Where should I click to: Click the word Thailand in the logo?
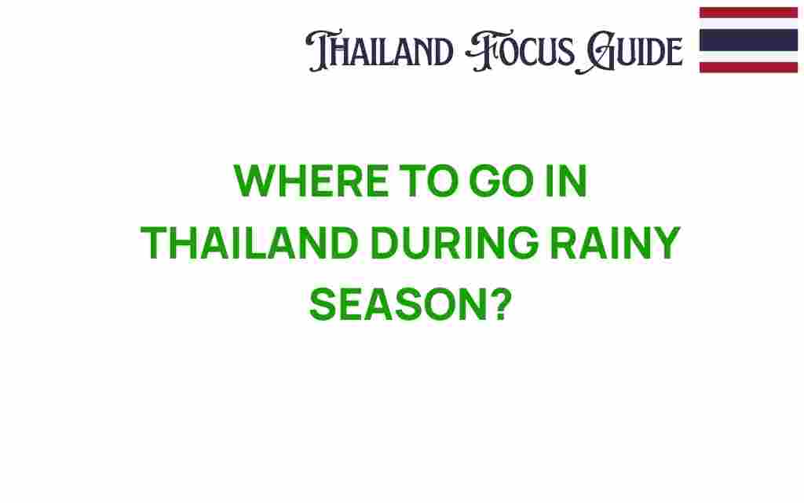[x=379, y=50]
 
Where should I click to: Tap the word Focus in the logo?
[x=520, y=51]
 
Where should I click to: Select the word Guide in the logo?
[x=629, y=51]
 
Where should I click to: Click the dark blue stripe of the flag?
[x=748, y=40]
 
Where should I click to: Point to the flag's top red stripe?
[x=748, y=13]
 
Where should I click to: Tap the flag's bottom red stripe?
[x=748, y=68]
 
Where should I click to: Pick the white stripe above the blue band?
[x=748, y=24]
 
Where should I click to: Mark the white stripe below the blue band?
[x=748, y=57]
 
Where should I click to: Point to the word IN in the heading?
[x=566, y=181]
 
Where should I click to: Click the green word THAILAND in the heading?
[x=250, y=243]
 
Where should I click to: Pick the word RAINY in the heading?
[x=616, y=243]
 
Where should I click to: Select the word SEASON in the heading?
[x=398, y=305]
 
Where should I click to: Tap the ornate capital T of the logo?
[x=322, y=50]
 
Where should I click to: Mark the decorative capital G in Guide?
[x=595, y=53]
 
